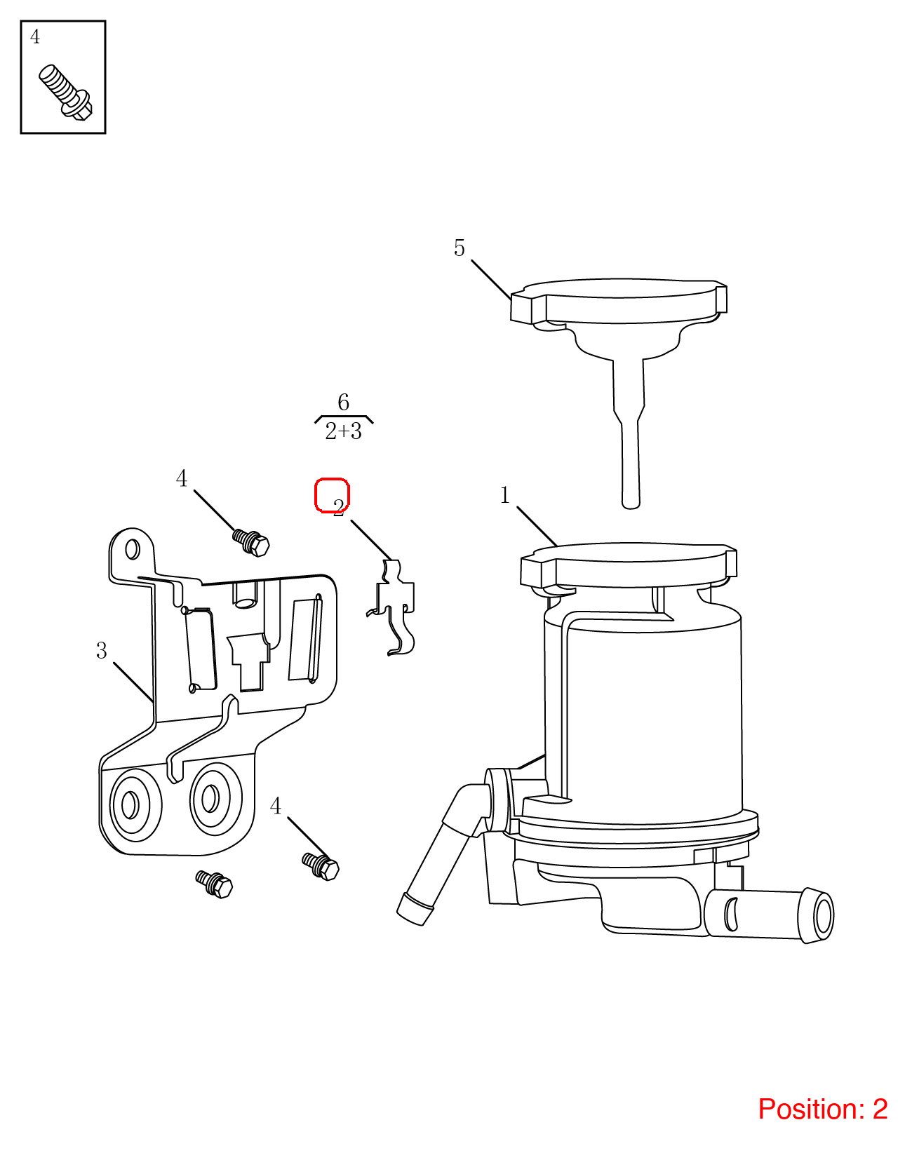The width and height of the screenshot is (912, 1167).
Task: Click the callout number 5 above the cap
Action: pyautogui.click(x=459, y=248)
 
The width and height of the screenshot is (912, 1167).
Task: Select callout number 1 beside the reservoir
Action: pyautogui.click(x=504, y=495)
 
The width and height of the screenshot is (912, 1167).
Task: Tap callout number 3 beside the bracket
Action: pyautogui.click(x=102, y=651)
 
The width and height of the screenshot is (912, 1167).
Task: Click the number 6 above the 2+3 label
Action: pyautogui.click(x=343, y=402)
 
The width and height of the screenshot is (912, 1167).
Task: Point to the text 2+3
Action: pyautogui.click(x=344, y=431)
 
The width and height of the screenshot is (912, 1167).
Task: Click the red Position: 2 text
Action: pyautogui.click(x=823, y=1109)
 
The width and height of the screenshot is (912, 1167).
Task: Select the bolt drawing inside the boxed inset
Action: pyautogui.click(x=65, y=92)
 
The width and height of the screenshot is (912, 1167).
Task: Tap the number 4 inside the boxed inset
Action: pyautogui.click(x=35, y=36)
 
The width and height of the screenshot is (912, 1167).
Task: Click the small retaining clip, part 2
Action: pyautogui.click(x=392, y=607)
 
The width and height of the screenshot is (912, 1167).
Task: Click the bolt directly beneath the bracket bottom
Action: pyautogui.click(x=215, y=884)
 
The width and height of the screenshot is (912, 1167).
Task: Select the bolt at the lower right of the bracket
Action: pyautogui.click(x=321, y=866)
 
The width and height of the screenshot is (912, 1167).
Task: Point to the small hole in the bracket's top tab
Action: pyautogui.click(x=132, y=548)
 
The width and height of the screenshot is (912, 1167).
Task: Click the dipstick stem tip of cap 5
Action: pyautogui.click(x=631, y=503)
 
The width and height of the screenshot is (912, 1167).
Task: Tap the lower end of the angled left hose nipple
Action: pyautogui.click(x=415, y=910)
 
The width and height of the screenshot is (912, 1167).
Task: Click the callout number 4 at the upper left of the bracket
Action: pyautogui.click(x=182, y=478)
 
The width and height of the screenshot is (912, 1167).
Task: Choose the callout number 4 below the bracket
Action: pyautogui.click(x=276, y=807)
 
